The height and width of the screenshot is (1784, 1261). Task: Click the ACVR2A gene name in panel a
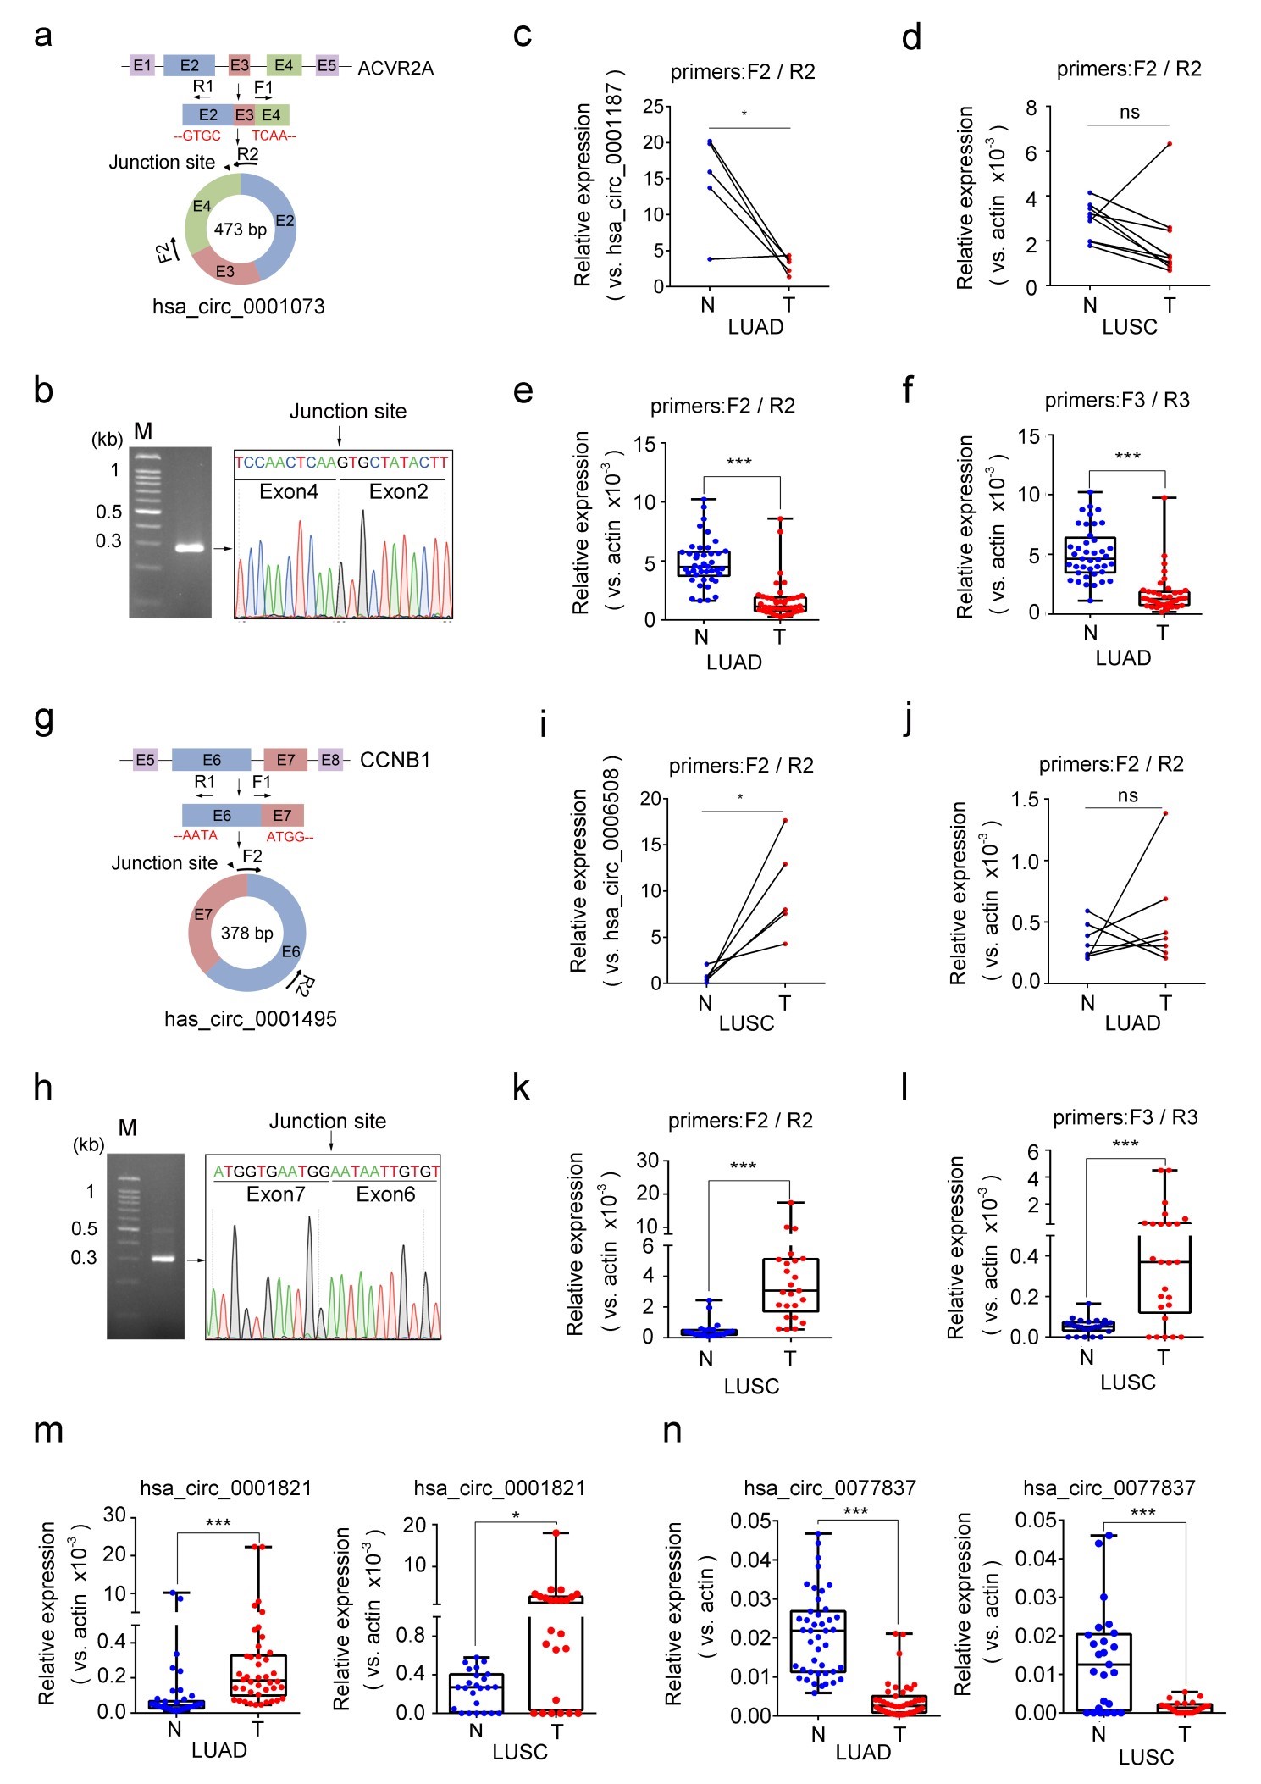(395, 68)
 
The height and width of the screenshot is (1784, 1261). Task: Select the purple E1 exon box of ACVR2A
(142, 65)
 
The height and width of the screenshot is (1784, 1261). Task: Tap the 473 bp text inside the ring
(240, 230)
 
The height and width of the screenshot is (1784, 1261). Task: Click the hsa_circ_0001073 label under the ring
(238, 307)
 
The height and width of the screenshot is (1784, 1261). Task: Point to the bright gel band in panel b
(190, 547)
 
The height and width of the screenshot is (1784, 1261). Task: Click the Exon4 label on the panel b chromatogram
(288, 492)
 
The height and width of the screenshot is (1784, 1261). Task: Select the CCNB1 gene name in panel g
(395, 760)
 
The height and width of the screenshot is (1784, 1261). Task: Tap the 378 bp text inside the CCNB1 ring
(246, 934)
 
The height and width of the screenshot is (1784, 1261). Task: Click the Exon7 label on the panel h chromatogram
(275, 1194)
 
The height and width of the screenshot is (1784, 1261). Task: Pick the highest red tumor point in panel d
(1170, 144)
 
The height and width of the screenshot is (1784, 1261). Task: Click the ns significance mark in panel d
(1130, 113)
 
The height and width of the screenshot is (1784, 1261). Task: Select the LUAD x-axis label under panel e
(734, 662)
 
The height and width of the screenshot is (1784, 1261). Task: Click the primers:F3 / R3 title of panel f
(1116, 401)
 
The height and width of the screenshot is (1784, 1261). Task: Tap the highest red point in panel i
(785, 820)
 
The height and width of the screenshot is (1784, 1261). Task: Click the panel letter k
(522, 1089)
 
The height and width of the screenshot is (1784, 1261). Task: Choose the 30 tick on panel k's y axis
(648, 1161)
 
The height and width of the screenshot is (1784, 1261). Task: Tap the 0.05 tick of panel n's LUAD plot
(750, 1521)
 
